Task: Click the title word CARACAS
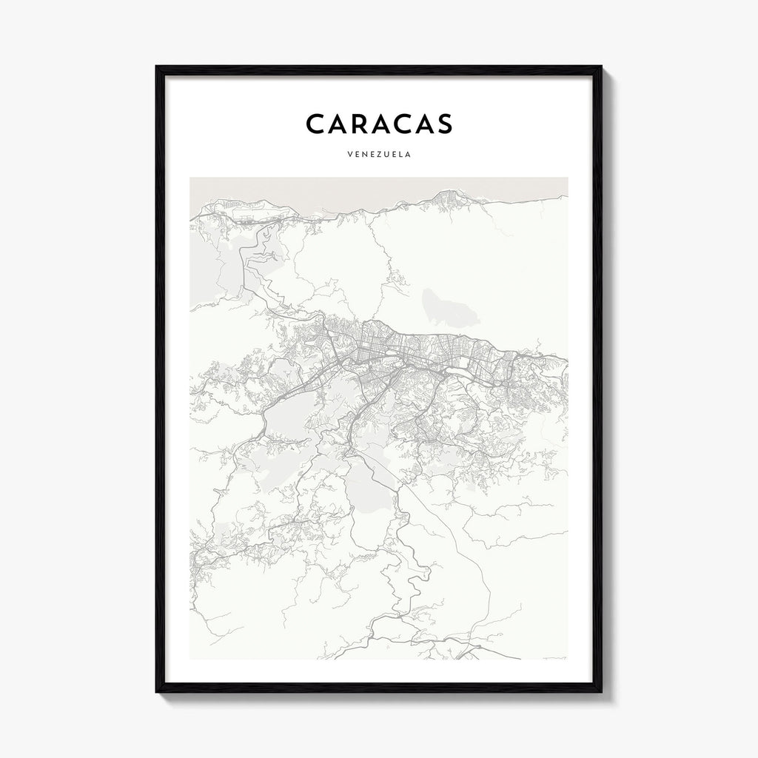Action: [x=378, y=124]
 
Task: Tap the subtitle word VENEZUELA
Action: [x=378, y=155]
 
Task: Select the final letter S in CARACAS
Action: [x=443, y=124]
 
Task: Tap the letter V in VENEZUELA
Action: [x=349, y=155]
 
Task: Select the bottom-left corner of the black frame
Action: [x=156, y=692]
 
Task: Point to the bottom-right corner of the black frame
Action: [x=601, y=692]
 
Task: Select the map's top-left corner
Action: [x=190, y=178]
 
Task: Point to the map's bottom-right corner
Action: [x=568, y=659]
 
